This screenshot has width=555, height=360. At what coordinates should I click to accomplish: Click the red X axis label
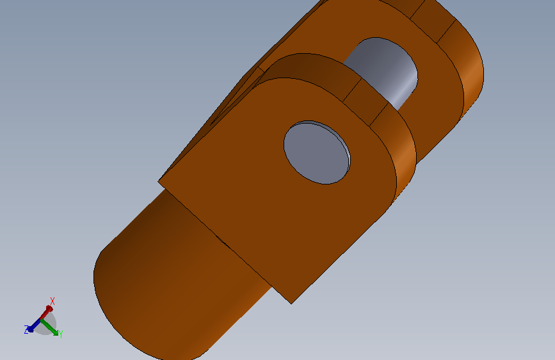(x=52, y=301)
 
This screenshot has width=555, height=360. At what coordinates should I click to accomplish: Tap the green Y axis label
(x=61, y=334)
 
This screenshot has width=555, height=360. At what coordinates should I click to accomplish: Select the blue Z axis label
(x=26, y=329)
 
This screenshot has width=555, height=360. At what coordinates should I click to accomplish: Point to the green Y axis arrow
(x=49, y=327)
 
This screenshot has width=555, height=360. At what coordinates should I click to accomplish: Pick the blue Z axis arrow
(x=34, y=325)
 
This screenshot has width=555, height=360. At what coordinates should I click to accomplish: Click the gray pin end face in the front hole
(x=316, y=153)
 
